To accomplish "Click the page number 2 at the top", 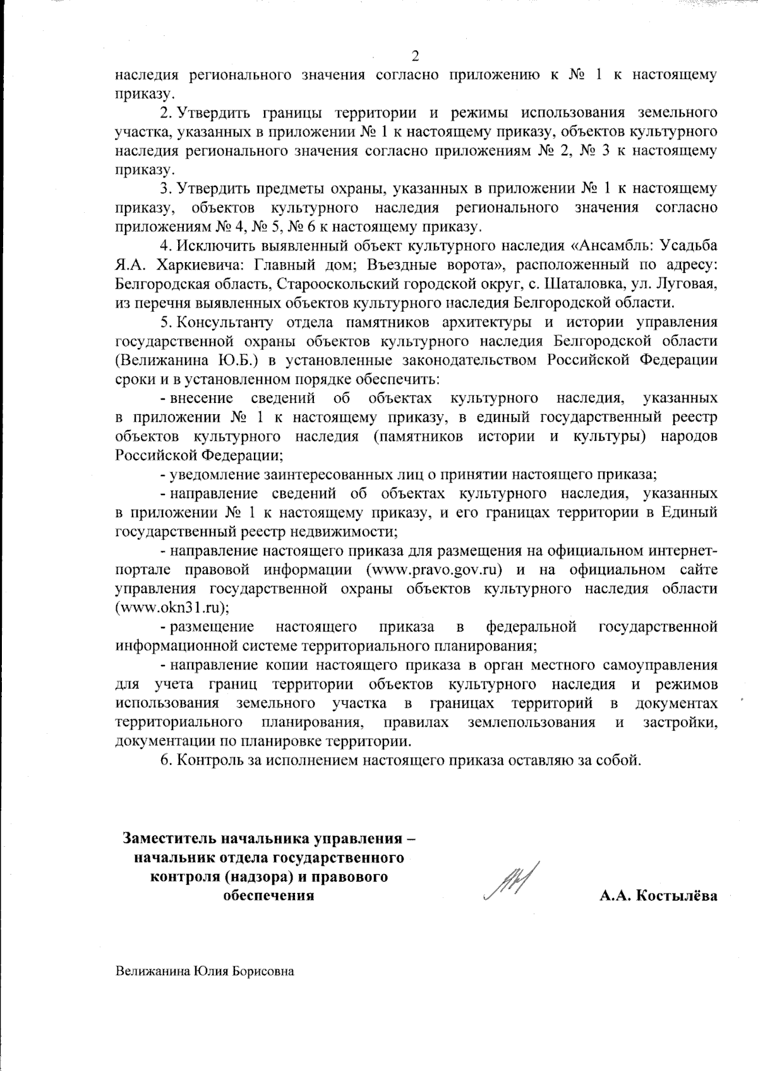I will tap(415, 56).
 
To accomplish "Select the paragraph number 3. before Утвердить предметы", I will tap(166, 188).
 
